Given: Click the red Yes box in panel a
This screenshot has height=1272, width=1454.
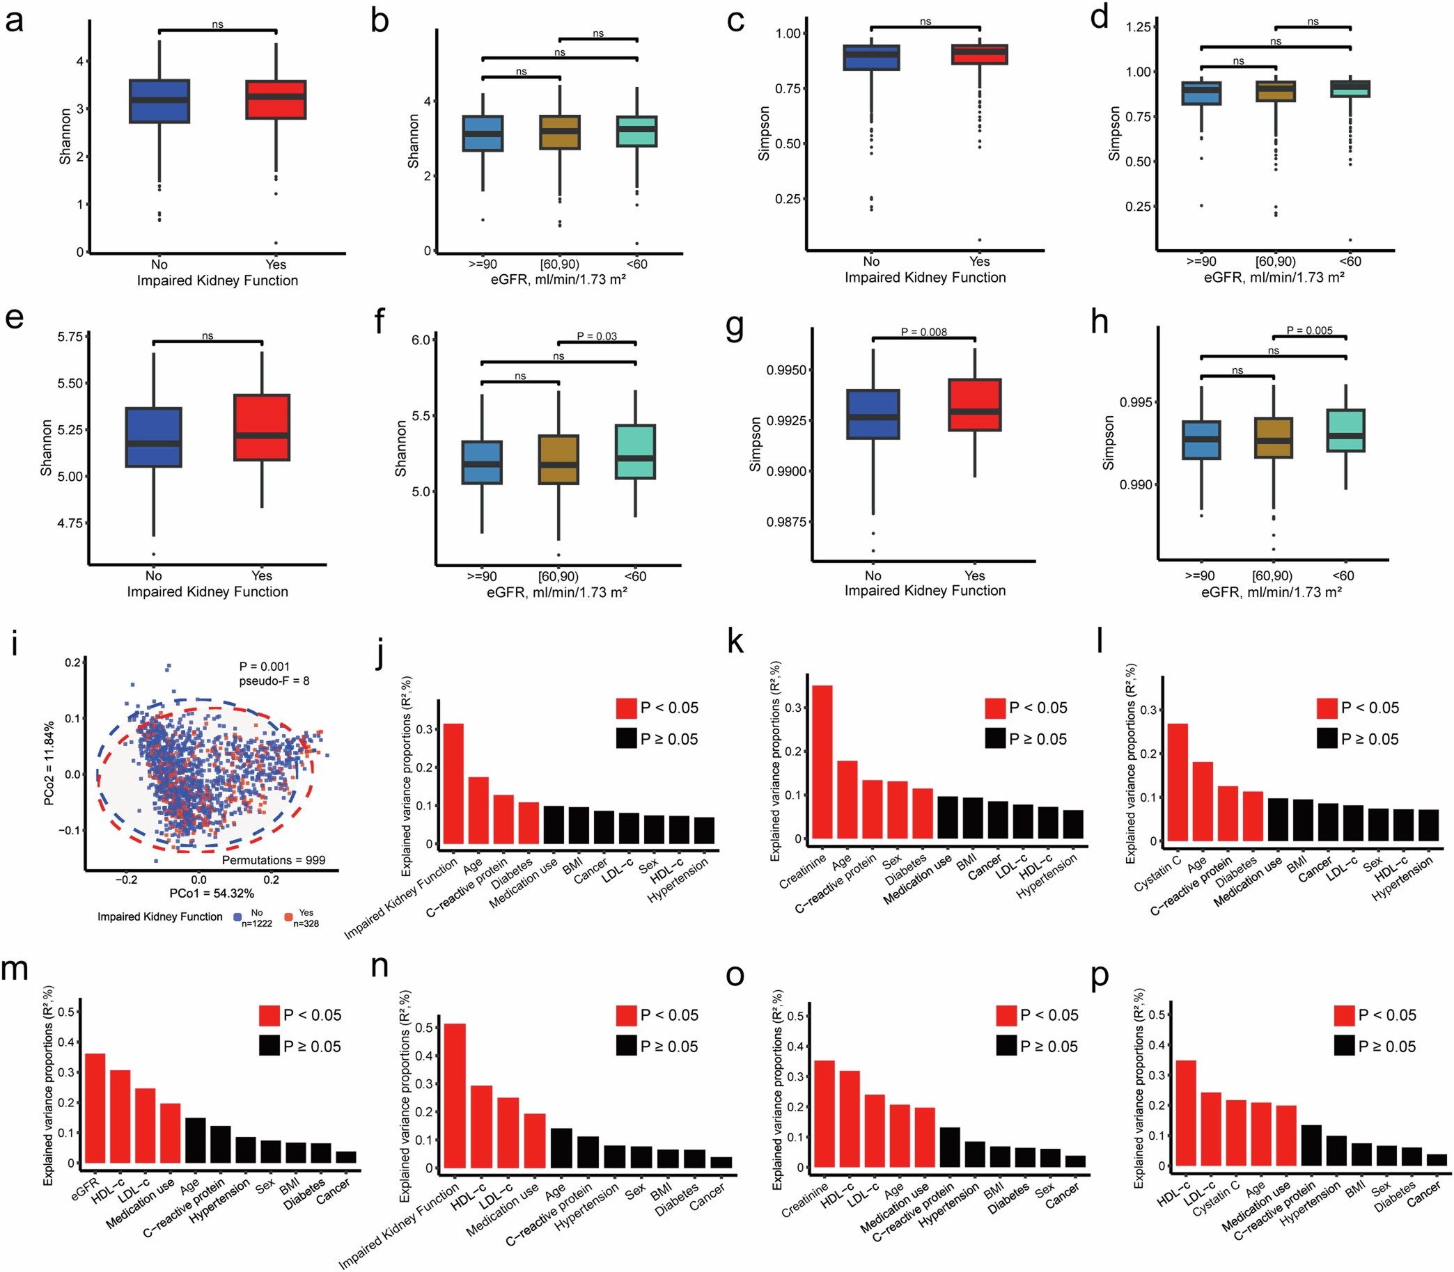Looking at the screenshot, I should click(x=276, y=100).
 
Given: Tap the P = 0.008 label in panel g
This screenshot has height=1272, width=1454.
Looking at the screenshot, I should click(x=923, y=331).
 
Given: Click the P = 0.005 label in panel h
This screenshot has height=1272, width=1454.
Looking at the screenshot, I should click(x=1309, y=330).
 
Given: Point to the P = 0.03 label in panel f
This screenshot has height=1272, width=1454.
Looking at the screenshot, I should click(x=597, y=336).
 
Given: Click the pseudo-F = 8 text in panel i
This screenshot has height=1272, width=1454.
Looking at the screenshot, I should click(x=274, y=681).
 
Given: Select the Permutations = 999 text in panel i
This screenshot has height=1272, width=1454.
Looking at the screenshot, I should click(x=274, y=860).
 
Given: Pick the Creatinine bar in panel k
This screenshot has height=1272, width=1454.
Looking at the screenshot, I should click(x=822, y=763).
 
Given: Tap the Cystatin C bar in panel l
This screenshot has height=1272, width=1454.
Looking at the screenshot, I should click(x=1177, y=782).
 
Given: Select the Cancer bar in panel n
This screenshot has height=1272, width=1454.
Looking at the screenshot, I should click(x=721, y=1162).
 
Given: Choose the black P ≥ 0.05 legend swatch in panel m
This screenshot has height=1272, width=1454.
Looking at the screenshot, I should click(x=269, y=1047).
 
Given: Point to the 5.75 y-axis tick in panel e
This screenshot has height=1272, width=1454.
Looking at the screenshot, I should click(x=70, y=337).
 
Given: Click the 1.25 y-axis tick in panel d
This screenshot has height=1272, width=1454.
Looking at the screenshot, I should click(x=1138, y=27).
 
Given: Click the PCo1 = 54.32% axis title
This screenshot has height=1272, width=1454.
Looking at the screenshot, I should click(x=212, y=893).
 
